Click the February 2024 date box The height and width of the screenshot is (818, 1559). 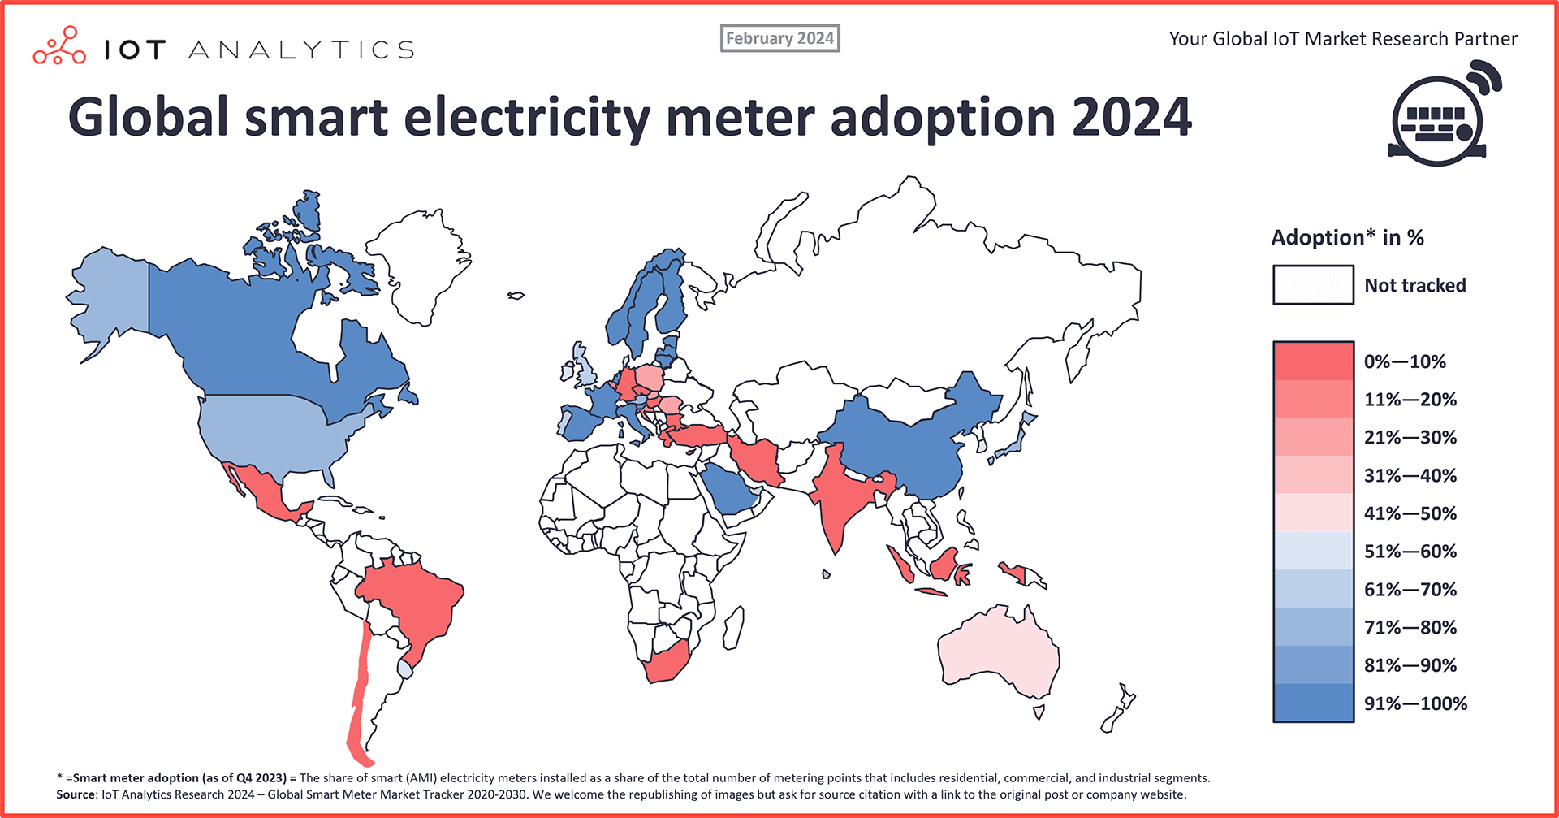(779, 38)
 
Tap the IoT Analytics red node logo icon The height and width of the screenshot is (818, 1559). (59, 46)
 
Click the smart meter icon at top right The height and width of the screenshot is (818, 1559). (1441, 115)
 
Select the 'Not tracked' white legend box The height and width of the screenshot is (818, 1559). (1313, 285)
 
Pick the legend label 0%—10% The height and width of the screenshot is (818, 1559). (1405, 361)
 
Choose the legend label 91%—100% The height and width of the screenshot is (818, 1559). (1415, 703)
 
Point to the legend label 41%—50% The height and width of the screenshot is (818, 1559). (1410, 513)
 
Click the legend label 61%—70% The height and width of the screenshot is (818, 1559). (1410, 590)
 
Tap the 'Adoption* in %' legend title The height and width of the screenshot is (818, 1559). (1347, 238)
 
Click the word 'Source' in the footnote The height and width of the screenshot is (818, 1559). (76, 794)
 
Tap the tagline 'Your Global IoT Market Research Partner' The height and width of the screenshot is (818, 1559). (1343, 39)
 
